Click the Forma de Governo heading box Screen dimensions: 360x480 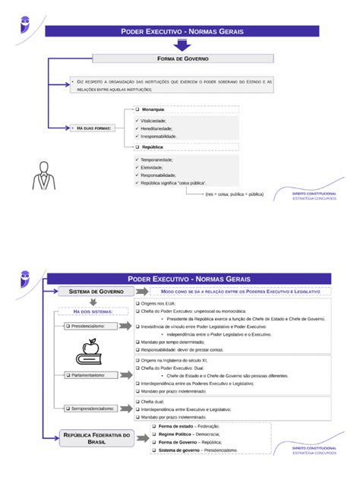(182, 58)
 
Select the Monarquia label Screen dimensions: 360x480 (153, 110)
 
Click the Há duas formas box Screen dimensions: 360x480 (93, 128)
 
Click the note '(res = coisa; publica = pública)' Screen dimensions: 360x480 (234, 194)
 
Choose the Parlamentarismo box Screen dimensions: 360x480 (90, 375)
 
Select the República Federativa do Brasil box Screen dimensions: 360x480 (96, 438)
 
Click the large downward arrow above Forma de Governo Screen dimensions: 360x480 (182, 45)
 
